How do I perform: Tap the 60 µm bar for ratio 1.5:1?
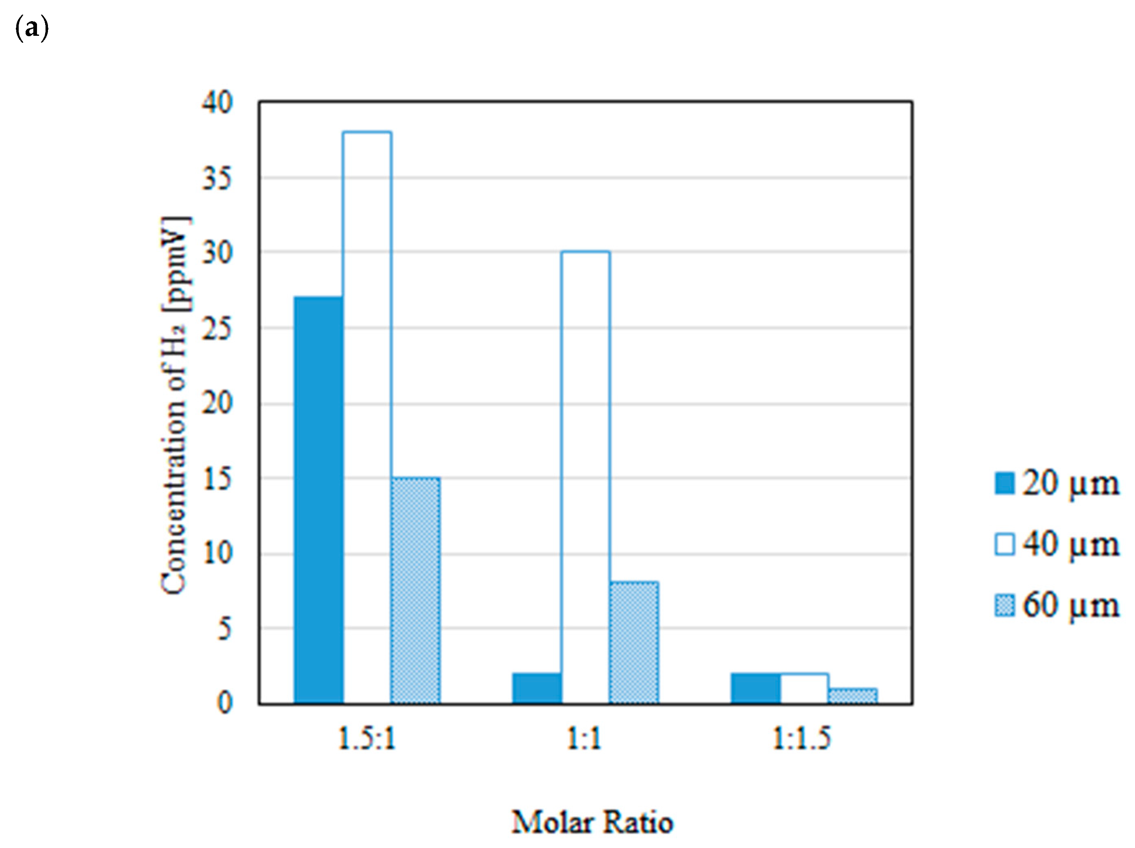(415, 590)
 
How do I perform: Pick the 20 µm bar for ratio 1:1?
(537, 688)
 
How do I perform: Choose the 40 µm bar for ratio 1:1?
(585, 477)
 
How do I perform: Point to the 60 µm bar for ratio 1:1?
(634, 643)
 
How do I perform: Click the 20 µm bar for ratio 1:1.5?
(755, 688)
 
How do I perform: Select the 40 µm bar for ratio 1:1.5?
(804, 688)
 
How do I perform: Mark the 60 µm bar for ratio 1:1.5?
(853, 695)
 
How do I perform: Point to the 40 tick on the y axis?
(217, 102)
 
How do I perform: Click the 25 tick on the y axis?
(217, 329)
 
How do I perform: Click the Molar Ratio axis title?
(592, 822)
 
